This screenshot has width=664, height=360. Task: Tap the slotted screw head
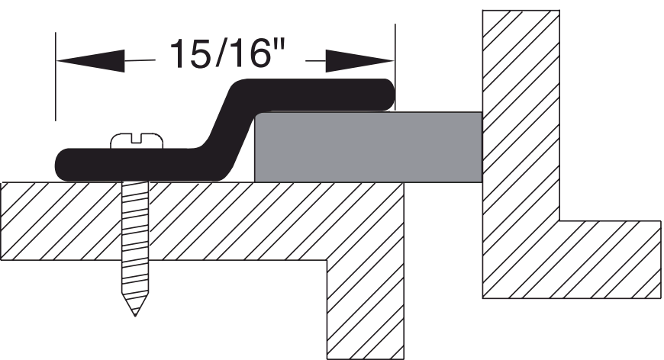click(137, 141)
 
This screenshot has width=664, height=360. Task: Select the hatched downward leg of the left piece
click(365, 305)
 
